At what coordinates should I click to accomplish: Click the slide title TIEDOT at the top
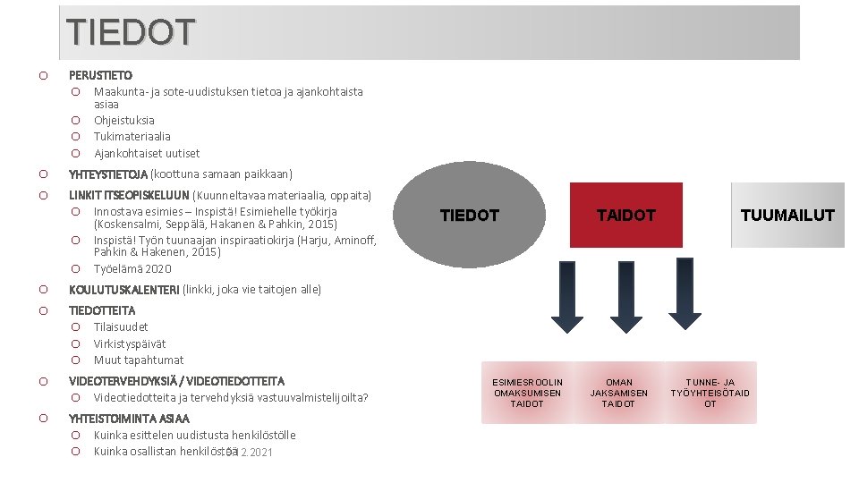pyautogui.click(x=130, y=32)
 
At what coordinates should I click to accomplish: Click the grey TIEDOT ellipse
pyautogui.click(x=470, y=215)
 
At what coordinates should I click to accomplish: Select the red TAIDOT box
pyautogui.click(x=626, y=215)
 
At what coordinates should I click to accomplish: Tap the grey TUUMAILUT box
pyautogui.click(x=787, y=215)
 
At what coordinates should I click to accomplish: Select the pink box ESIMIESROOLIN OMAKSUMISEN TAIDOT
pyautogui.click(x=527, y=393)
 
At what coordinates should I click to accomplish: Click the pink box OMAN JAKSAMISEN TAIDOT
pyautogui.click(x=618, y=393)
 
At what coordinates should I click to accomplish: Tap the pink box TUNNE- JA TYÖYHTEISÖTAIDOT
pyautogui.click(x=710, y=393)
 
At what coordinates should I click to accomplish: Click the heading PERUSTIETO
pyautogui.click(x=100, y=75)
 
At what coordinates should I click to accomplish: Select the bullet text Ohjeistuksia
pyautogui.click(x=124, y=120)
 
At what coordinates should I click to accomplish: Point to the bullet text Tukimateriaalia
pyautogui.click(x=132, y=136)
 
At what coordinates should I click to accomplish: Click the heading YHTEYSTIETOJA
pyautogui.click(x=108, y=174)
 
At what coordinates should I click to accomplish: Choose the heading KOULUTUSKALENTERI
pyautogui.click(x=123, y=289)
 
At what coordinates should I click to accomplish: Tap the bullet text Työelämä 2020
pyautogui.click(x=132, y=268)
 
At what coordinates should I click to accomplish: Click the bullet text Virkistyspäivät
pyautogui.click(x=130, y=343)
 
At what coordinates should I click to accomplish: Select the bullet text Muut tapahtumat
pyautogui.click(x=139, y=360)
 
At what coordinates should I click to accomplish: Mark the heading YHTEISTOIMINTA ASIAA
pyautogui.click(x=129, y=418)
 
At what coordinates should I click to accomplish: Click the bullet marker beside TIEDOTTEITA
pyautogui.click(x=43, y=310)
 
